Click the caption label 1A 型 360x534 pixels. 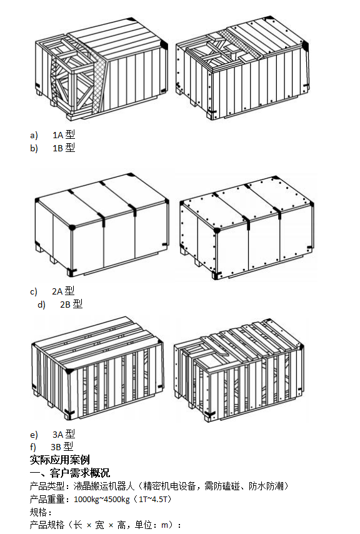point(64,135)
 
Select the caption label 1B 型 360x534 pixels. point(64,148)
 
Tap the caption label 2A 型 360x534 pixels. point(63,291)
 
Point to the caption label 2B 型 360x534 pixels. point(71,304)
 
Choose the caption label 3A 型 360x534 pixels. point(64,434)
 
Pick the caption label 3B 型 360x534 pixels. point(62,446)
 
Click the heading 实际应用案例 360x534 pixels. point(59,460)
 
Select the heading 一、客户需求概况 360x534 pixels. point(70,473)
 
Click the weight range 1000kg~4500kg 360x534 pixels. point(102,500)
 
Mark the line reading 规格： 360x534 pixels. point(41,512)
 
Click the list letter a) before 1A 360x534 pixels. point(34,136)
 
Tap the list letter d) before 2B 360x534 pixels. point(41,305)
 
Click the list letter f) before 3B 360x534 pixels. point(33,447)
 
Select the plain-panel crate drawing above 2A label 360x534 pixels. point(102,225)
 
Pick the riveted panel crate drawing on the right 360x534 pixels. point(247,228)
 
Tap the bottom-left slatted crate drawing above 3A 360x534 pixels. point(97,368)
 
